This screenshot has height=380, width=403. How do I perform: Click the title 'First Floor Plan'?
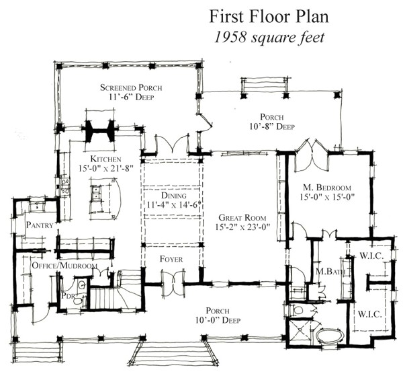coord(269,17)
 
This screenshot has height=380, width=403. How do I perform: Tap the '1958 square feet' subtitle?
coord(269,38)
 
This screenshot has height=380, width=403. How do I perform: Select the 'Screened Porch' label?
coord(131,87)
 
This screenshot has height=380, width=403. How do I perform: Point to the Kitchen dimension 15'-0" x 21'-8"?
coord(106,169)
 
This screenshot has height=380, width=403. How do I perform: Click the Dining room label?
coord(174,196)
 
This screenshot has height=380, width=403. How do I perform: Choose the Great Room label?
coord(242,218)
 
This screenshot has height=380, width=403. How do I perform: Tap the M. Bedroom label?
coord(327,187)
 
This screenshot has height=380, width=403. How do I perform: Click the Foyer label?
coord(171,259)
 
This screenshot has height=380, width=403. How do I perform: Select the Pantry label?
coord(40,225)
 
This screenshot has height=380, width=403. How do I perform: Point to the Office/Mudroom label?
coord(64,266)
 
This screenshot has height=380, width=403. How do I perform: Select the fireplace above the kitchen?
coord(100,130)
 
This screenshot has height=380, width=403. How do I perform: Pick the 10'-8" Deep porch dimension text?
coord(272,126)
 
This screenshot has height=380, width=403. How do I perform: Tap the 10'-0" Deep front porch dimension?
coord(218,320)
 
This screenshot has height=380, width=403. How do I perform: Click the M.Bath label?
coord(330,271)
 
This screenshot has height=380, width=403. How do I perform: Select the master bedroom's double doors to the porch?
coord(312,155)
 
